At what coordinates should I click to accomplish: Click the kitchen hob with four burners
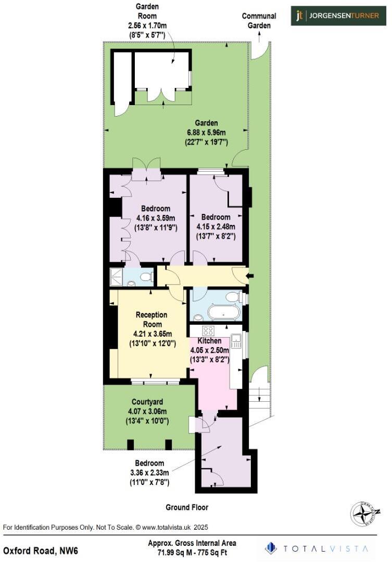tap(208, 331)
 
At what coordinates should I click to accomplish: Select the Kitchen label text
tap(209, 341)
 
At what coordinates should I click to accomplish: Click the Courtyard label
tap(147, 402)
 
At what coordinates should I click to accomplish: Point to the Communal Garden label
tap(259, 20)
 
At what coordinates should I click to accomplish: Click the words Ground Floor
tap(187, 507)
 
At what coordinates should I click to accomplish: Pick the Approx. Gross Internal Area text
tap(192, 543)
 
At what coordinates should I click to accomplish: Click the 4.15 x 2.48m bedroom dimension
tap(216, 226)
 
